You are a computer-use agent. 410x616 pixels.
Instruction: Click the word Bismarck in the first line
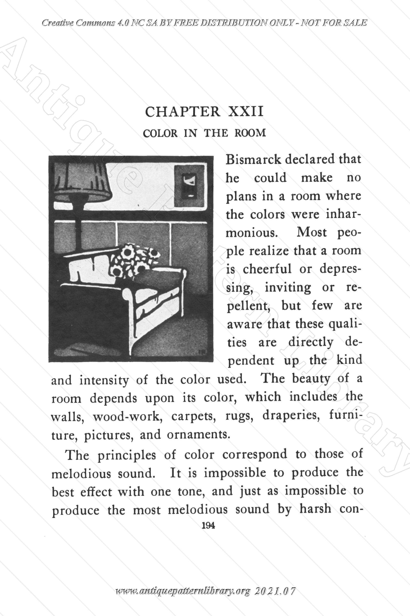(x=253, y=160)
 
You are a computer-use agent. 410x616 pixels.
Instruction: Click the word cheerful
(x=267, y=269)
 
